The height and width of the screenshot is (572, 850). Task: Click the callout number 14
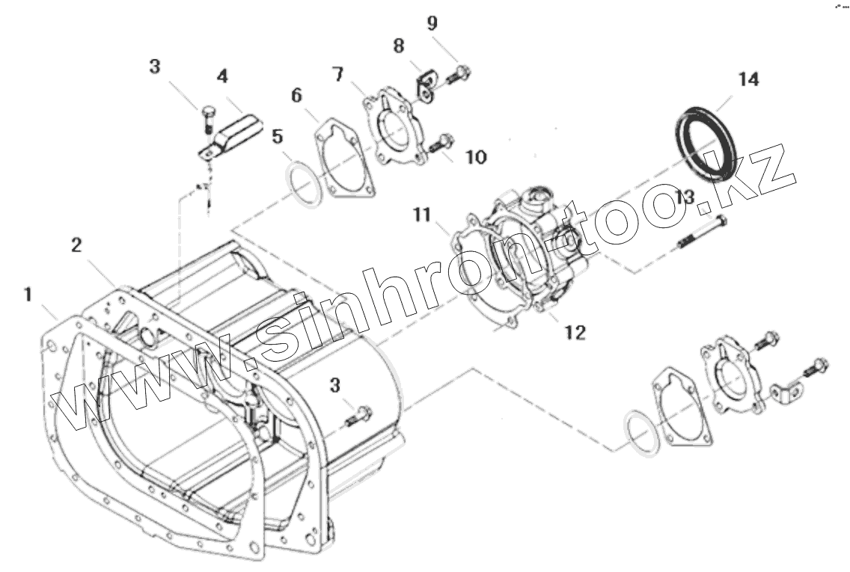point(747,79)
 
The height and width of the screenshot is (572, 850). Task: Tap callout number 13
point(685,197)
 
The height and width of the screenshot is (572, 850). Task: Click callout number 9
point(432,22)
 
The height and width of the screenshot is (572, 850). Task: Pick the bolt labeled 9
point(458,73)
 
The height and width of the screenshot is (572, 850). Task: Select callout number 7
point(337,75)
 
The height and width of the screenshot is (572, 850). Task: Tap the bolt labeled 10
point(440,141)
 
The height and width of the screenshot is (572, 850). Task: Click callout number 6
point(296,96)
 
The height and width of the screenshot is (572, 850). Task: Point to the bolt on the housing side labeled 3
point(358,415)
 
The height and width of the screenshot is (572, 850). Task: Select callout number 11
point(422,215)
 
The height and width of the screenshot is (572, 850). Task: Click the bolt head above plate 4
point(207,114)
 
